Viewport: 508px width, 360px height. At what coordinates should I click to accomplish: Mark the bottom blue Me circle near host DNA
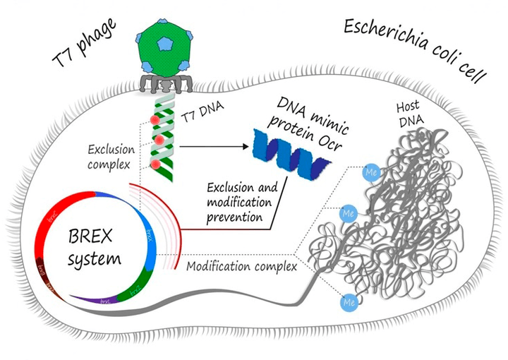click(347, 302)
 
